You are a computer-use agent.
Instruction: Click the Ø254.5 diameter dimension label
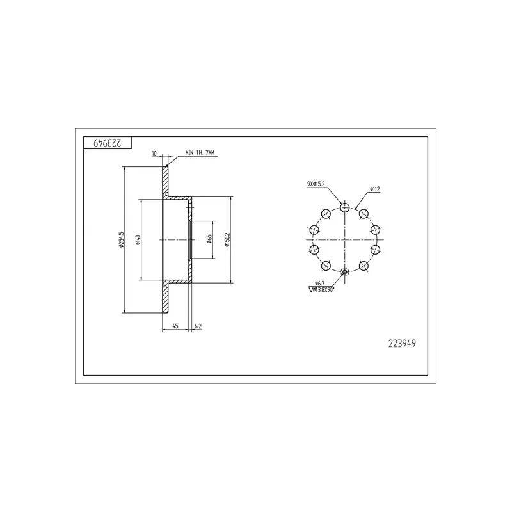pos(121,239)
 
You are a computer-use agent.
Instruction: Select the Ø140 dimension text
pos(138,239)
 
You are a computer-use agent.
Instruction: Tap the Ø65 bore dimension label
pos(209,239)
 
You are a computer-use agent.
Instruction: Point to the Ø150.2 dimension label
pos(228,239)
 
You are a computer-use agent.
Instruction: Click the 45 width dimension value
pos(175,326)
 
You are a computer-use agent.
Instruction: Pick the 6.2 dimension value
pos(198,326)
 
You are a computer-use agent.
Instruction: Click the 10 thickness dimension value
pos(154,153)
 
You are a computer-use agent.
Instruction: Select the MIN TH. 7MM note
pos(200,152)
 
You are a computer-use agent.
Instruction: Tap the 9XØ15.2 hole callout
pos(316,184)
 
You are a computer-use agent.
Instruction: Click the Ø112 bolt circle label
pos(375,189)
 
